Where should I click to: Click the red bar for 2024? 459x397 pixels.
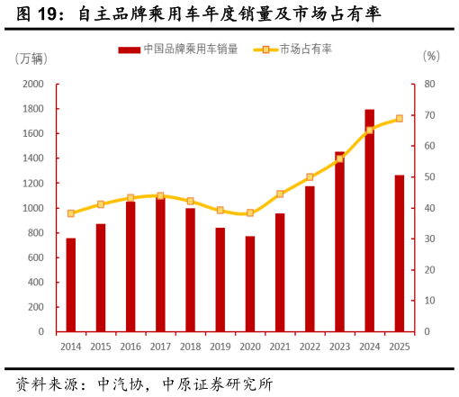[x=369, y=221]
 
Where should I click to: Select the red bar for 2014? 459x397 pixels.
[x=71, y=284]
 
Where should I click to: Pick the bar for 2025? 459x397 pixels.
[x=399, y=253]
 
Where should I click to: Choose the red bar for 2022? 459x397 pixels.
[x=310, y=258]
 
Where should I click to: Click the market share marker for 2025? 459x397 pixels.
[x=399, y=119]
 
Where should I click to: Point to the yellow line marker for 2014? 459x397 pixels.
[x=71, y=213]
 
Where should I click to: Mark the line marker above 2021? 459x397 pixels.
[x=280, y=194]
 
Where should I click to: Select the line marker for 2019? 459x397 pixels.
[x=220, y=210]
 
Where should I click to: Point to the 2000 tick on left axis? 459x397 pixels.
[x=33, y=84]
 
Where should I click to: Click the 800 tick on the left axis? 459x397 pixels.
[x=35, y=232]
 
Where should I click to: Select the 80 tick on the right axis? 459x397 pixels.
[x=429, y=84]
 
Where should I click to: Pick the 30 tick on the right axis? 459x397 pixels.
[x=429, y=239]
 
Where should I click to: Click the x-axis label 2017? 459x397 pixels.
[x=160, y=347]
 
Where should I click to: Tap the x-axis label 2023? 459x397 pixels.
[x=339, y=347]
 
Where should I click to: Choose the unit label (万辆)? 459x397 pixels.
[x=31, y=59]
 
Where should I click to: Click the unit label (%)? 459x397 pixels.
[x=431, y=56]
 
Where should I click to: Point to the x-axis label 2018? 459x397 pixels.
[x=190, y=347]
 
